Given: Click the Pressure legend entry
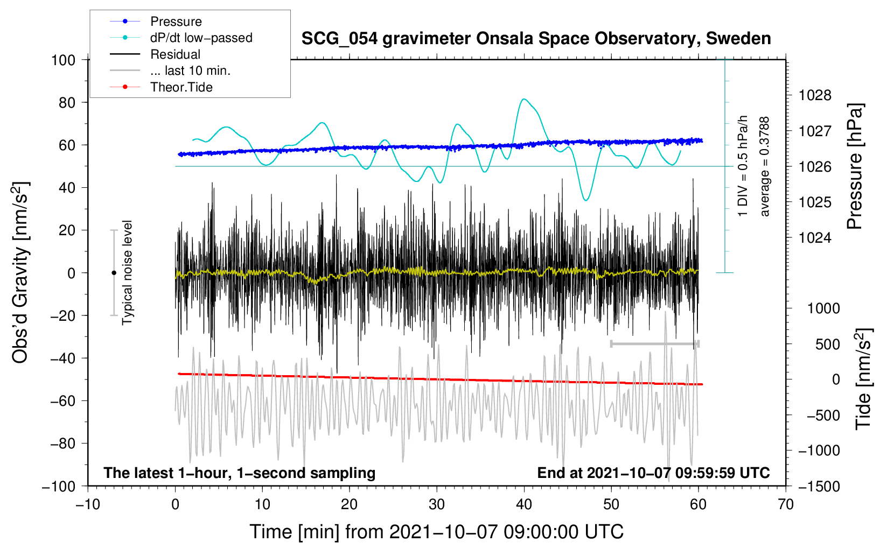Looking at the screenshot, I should [x=176, y=22].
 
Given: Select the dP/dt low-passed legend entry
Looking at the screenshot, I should [x=201, y=38].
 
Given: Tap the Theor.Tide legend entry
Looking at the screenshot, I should [x=181, y=87].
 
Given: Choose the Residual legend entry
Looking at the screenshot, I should [x=175, y=54].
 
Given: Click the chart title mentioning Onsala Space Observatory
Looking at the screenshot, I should [x=536, y=39].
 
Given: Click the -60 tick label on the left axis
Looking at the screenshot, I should [x=63, y=401].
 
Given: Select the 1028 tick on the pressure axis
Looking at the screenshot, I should [x=815, y=96].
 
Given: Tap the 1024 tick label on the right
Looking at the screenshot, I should [x=815, y=238].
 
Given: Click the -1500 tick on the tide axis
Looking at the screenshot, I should [x=819, y=486].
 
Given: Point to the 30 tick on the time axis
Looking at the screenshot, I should [x=437, y=504].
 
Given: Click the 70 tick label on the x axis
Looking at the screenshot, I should [x=786, y=504].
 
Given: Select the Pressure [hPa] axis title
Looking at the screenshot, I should [x=855, y=167].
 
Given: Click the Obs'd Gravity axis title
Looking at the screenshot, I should [x=20, y=273].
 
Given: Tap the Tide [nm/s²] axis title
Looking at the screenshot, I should [x=863, y=379].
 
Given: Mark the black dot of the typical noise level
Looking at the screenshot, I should [x=114, y=273].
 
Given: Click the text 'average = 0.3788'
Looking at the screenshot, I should [x=765, y=167].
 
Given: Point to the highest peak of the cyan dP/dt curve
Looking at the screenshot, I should [x=524, y=99].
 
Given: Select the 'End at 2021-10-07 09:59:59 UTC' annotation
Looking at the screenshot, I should [x=653, y=473].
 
